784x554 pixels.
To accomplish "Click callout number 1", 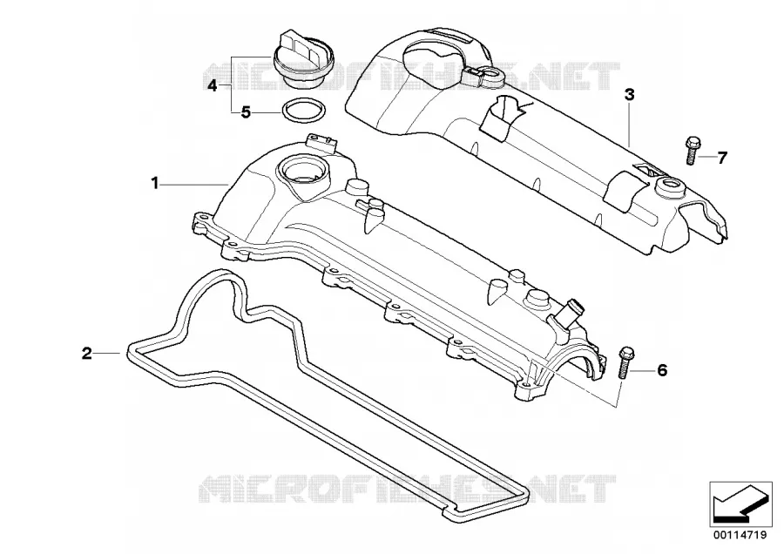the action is coord(155,184).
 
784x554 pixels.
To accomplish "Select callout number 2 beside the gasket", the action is coord(87,354).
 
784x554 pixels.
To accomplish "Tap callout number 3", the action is coord(630,94).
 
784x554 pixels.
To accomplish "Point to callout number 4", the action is coord(213,86).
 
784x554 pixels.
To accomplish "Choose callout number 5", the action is coord(246,112).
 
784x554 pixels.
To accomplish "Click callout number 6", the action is coord(661,370).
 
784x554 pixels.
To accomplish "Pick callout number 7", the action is coord(721,158).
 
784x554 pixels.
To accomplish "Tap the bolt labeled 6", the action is coord(625,363).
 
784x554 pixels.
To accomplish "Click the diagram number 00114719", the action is coord(740,535).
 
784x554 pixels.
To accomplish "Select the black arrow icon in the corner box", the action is coord(739,504).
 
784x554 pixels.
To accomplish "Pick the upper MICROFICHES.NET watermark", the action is coord(411,77).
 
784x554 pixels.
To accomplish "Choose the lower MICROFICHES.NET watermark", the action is coord(408,488).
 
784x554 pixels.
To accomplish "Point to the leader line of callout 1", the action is coord(194,185).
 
